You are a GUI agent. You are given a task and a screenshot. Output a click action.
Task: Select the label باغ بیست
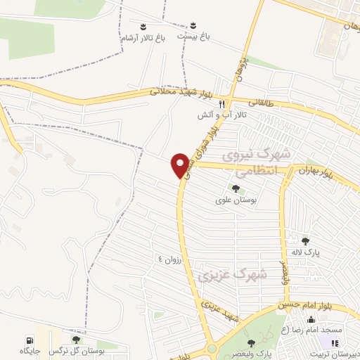click(x=194, y=36)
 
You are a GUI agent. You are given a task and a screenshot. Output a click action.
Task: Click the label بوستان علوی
click(x=235, y=200)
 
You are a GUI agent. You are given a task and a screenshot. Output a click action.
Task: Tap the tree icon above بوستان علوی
click(x=235, y=188)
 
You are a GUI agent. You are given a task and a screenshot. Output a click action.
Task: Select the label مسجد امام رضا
click(x=311, y=330)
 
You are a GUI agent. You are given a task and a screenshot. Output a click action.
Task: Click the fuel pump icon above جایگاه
click(x=30, y=338)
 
